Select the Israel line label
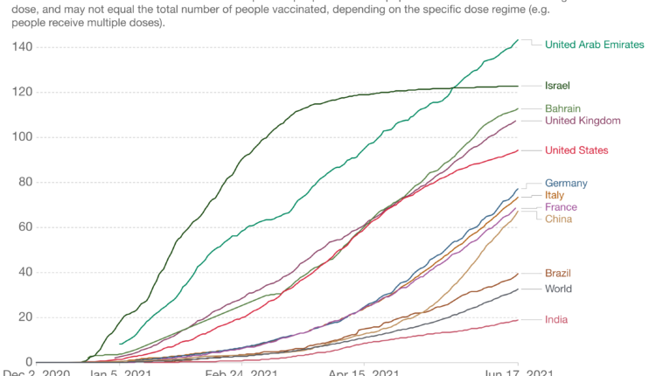point(557,86)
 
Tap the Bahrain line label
point(563,108)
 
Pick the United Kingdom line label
point(583,121)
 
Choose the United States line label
point(576,150)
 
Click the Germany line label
point(565,183)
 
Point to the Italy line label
point(555,195)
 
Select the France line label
point(561,207)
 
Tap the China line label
point(558,219)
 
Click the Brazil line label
point(559,273)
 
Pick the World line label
point(558,289)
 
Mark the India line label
point(556,319)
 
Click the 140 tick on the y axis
point(21,46)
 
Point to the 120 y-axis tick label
point(21,92)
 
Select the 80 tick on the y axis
point(24,182)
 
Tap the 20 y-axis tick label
point(24,317)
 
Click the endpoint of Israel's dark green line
point(518,86)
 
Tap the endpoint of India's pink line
point(518,320)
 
